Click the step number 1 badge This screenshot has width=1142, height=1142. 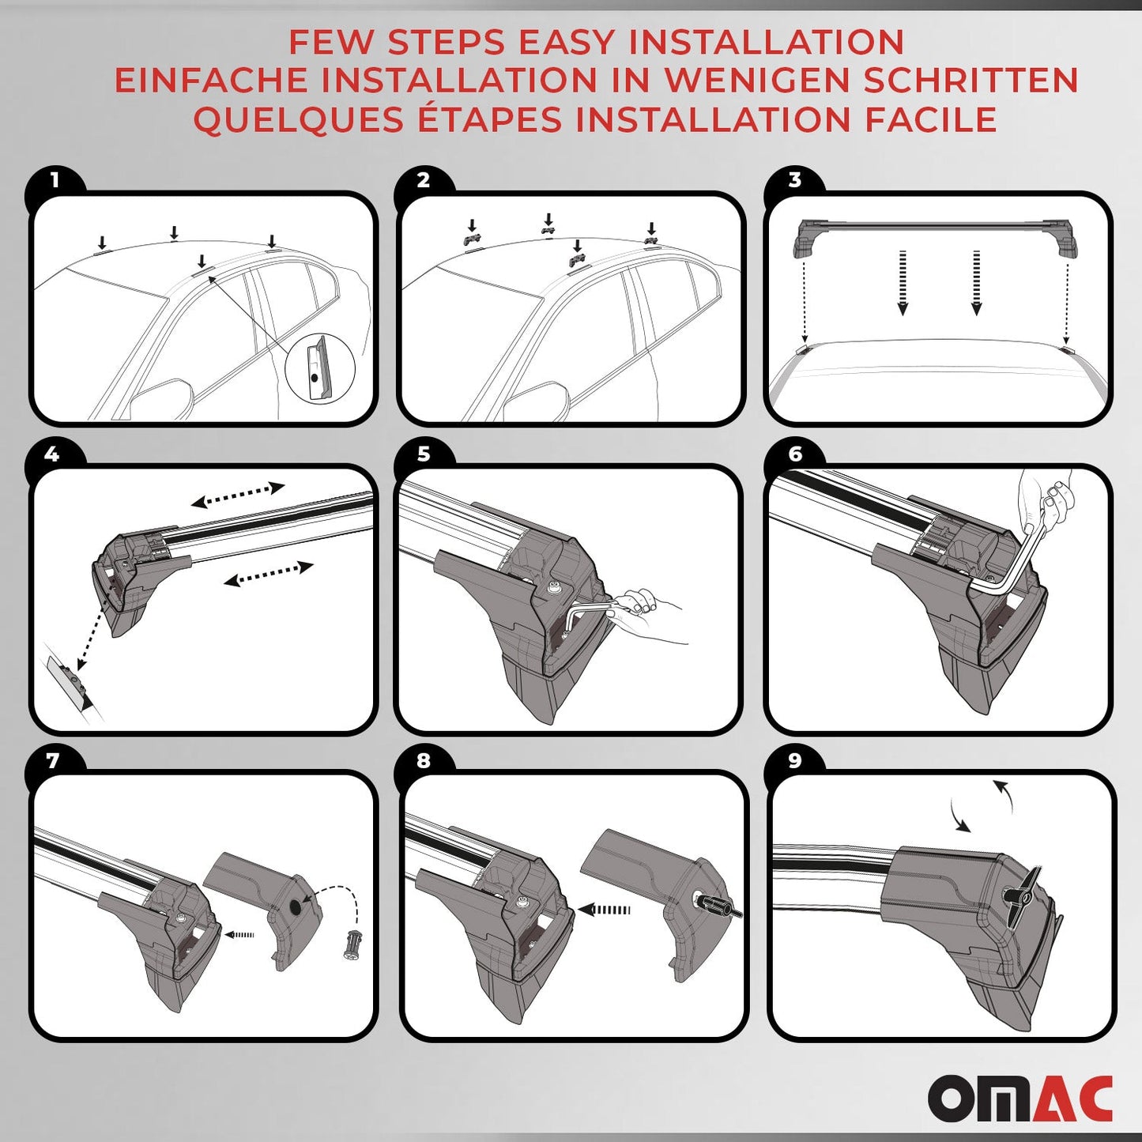[x=54, y=181]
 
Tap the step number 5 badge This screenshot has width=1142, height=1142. [x=424, y=454]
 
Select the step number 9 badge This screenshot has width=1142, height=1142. [x=794, y=760]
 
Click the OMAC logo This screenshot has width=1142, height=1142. [x=1020, y=1098]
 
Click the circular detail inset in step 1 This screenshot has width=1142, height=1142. [x=319, y=368]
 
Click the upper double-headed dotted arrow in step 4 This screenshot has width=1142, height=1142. [x=238, y=495]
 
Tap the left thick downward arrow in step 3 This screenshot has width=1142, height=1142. [x=903, y=283]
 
